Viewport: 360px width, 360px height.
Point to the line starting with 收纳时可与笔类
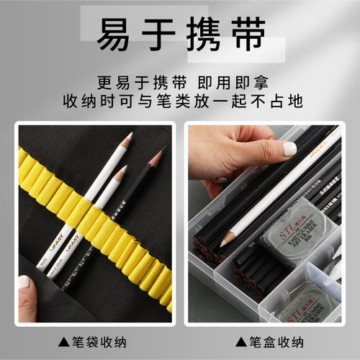(180, 101)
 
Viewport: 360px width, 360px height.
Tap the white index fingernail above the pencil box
(289, 149)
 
